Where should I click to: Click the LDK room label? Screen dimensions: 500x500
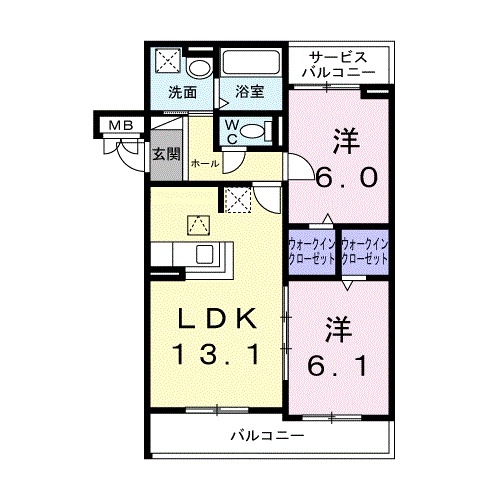click(217, 319)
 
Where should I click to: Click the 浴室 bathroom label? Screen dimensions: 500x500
click(249, 93)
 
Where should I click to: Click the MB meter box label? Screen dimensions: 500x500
click(120, 125)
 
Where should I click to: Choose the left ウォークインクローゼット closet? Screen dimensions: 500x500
click(312, 250)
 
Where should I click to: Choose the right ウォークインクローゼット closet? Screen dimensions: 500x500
click(364, 250)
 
